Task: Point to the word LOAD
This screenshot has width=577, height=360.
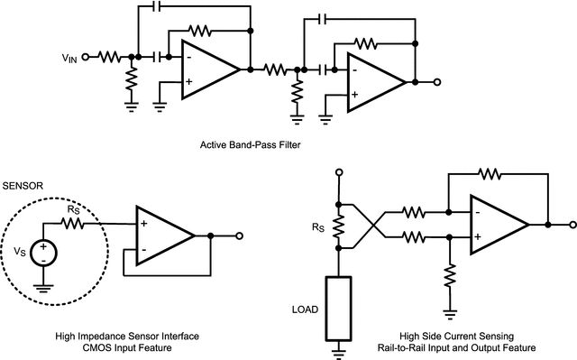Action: (306, 309)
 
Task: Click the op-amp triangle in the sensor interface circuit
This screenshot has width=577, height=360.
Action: (162, 235)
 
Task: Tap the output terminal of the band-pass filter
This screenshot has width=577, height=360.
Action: (436, 82)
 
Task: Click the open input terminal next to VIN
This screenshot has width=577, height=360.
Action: (86, 56)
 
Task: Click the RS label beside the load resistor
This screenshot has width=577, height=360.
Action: (316, 227)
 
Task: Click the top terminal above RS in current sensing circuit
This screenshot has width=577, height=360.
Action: (339, 171)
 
